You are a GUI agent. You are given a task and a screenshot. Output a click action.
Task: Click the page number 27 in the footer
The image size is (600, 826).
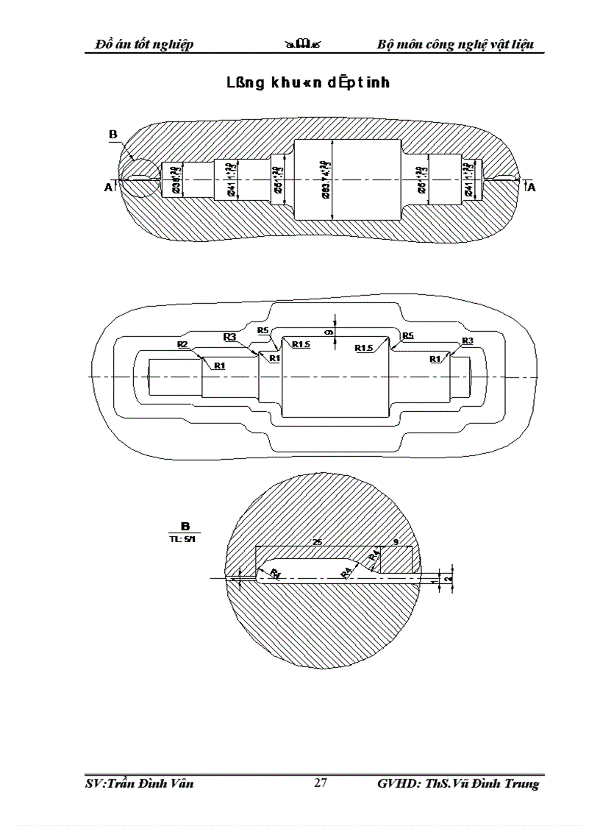click(321, 783)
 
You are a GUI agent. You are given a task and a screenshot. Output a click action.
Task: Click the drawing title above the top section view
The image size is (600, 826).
click(308, 83)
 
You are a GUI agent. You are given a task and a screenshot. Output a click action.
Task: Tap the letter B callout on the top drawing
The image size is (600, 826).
click(113, 134)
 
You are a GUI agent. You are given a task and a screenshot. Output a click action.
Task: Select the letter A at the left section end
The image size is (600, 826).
click(108, 188)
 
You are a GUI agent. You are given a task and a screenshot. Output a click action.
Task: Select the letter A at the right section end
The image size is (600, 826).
click(532, 188)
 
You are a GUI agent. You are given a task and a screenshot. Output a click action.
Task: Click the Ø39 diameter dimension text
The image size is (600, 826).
click(176, 180)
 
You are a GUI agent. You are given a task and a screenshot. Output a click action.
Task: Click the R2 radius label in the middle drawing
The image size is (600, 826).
click(182, 344)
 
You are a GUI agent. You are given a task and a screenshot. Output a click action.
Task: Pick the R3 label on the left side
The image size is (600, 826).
click(229, 337)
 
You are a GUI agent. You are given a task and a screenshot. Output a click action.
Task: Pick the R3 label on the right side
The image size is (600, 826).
click(467, 341)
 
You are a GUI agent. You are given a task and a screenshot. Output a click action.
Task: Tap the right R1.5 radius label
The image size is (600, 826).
click(365, 347)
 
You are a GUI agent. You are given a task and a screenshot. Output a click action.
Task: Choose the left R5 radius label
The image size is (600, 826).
click(262, 330)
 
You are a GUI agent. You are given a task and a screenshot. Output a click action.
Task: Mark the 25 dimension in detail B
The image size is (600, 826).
click(318, 542)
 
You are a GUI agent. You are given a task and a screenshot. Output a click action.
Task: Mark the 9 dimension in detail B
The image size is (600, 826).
click(397, 542)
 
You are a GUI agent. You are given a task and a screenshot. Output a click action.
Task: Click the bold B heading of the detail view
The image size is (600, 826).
click(185, 526)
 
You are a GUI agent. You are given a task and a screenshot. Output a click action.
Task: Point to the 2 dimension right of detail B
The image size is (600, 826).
click(449, 579)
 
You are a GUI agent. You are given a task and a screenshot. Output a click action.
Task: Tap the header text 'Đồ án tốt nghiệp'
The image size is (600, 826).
click(145, 44)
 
